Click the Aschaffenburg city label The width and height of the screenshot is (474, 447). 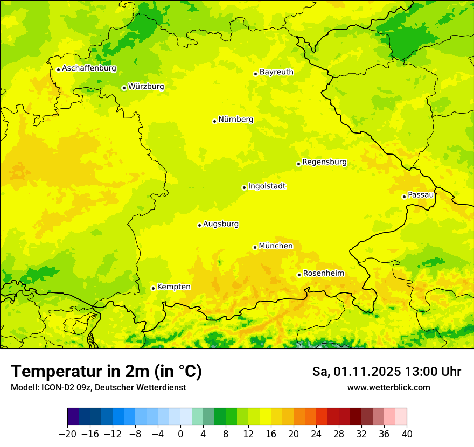[x=89, y=68]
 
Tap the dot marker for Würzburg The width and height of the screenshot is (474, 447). [x=124, y=88]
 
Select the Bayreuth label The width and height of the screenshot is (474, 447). [x=276, y=72]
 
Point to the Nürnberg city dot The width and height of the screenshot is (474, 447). [x=214, y=121]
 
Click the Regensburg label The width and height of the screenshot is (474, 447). [x=324, y=162]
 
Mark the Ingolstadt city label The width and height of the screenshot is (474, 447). [x=267, y=186]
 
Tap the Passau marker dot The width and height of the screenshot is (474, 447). [x=404, y=197]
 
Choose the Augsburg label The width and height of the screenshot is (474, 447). [x=221, y=223]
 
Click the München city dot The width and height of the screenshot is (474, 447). [x=255, y=247]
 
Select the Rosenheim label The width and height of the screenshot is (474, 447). [x=323, y=273]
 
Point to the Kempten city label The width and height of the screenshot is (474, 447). [x=173, y=287]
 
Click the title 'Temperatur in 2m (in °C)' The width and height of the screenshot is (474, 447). [x=106, y=371]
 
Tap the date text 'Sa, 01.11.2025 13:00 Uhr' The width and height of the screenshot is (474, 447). [x=386, y=372]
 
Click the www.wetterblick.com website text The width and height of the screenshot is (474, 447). [x=388, y=387]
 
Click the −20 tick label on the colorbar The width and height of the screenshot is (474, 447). [x=67, y=434]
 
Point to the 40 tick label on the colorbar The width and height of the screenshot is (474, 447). [x=407, y=434]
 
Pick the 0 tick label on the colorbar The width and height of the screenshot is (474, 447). [x=180, y=434]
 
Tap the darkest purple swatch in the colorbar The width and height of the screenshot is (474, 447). [x=73, y=417]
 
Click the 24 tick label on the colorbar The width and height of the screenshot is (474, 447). [x=316, y=434]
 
